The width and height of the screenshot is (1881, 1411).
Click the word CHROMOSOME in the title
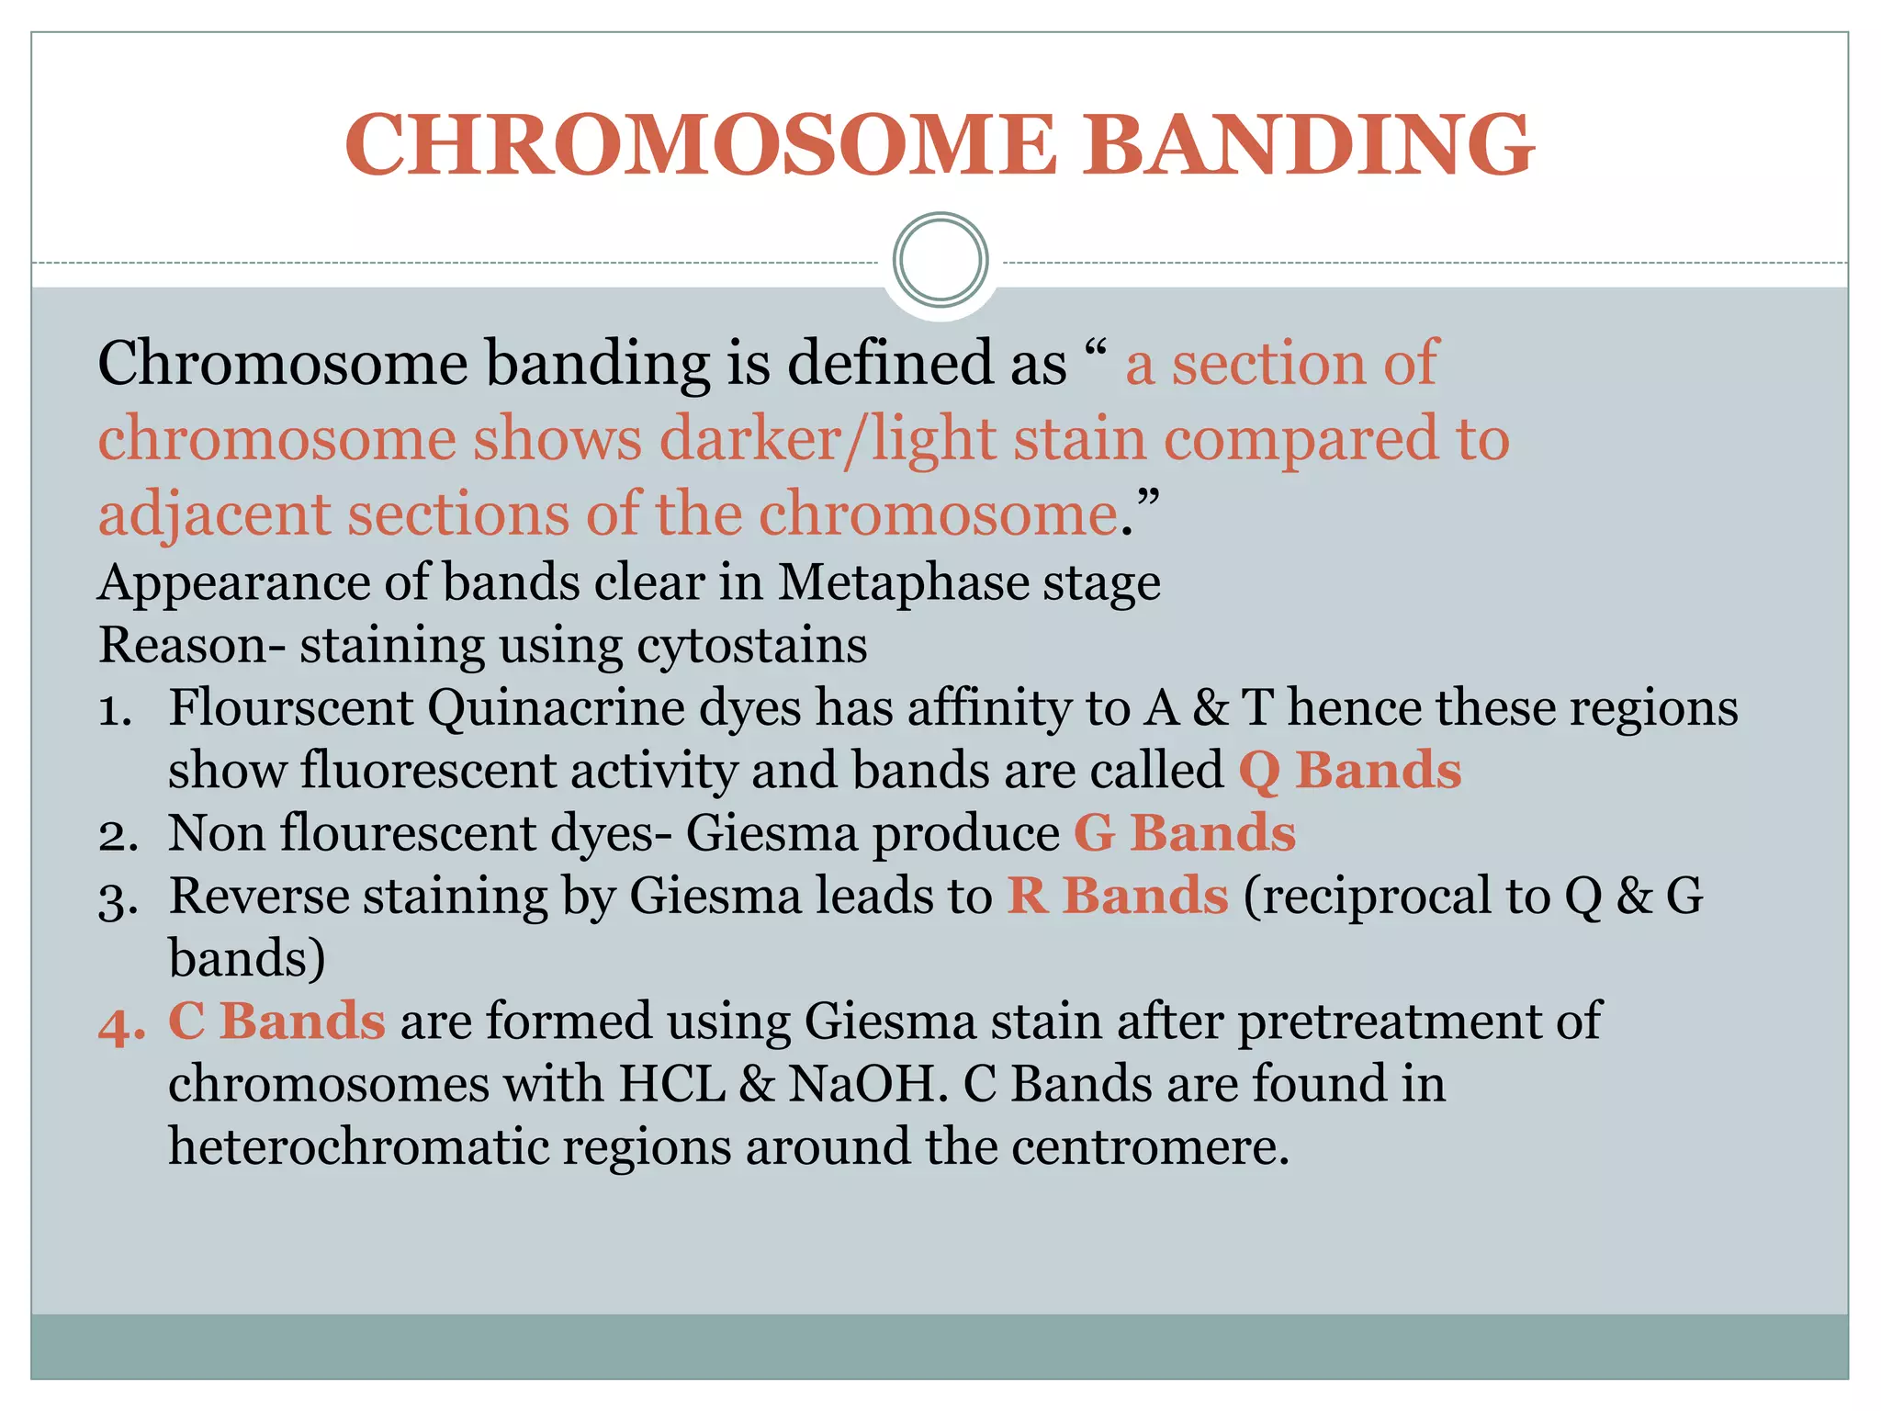701,145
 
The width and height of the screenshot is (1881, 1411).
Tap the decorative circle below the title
940,260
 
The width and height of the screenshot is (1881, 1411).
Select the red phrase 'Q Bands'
1349,770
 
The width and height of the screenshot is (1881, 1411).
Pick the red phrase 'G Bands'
1185,832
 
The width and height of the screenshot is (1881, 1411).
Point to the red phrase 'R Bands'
1117,895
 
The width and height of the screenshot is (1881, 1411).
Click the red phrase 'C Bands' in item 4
276,1021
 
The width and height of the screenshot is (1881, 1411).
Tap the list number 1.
116,709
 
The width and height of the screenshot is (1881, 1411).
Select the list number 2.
118,834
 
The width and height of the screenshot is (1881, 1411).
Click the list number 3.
118,897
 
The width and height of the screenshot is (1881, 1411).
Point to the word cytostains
751,646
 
